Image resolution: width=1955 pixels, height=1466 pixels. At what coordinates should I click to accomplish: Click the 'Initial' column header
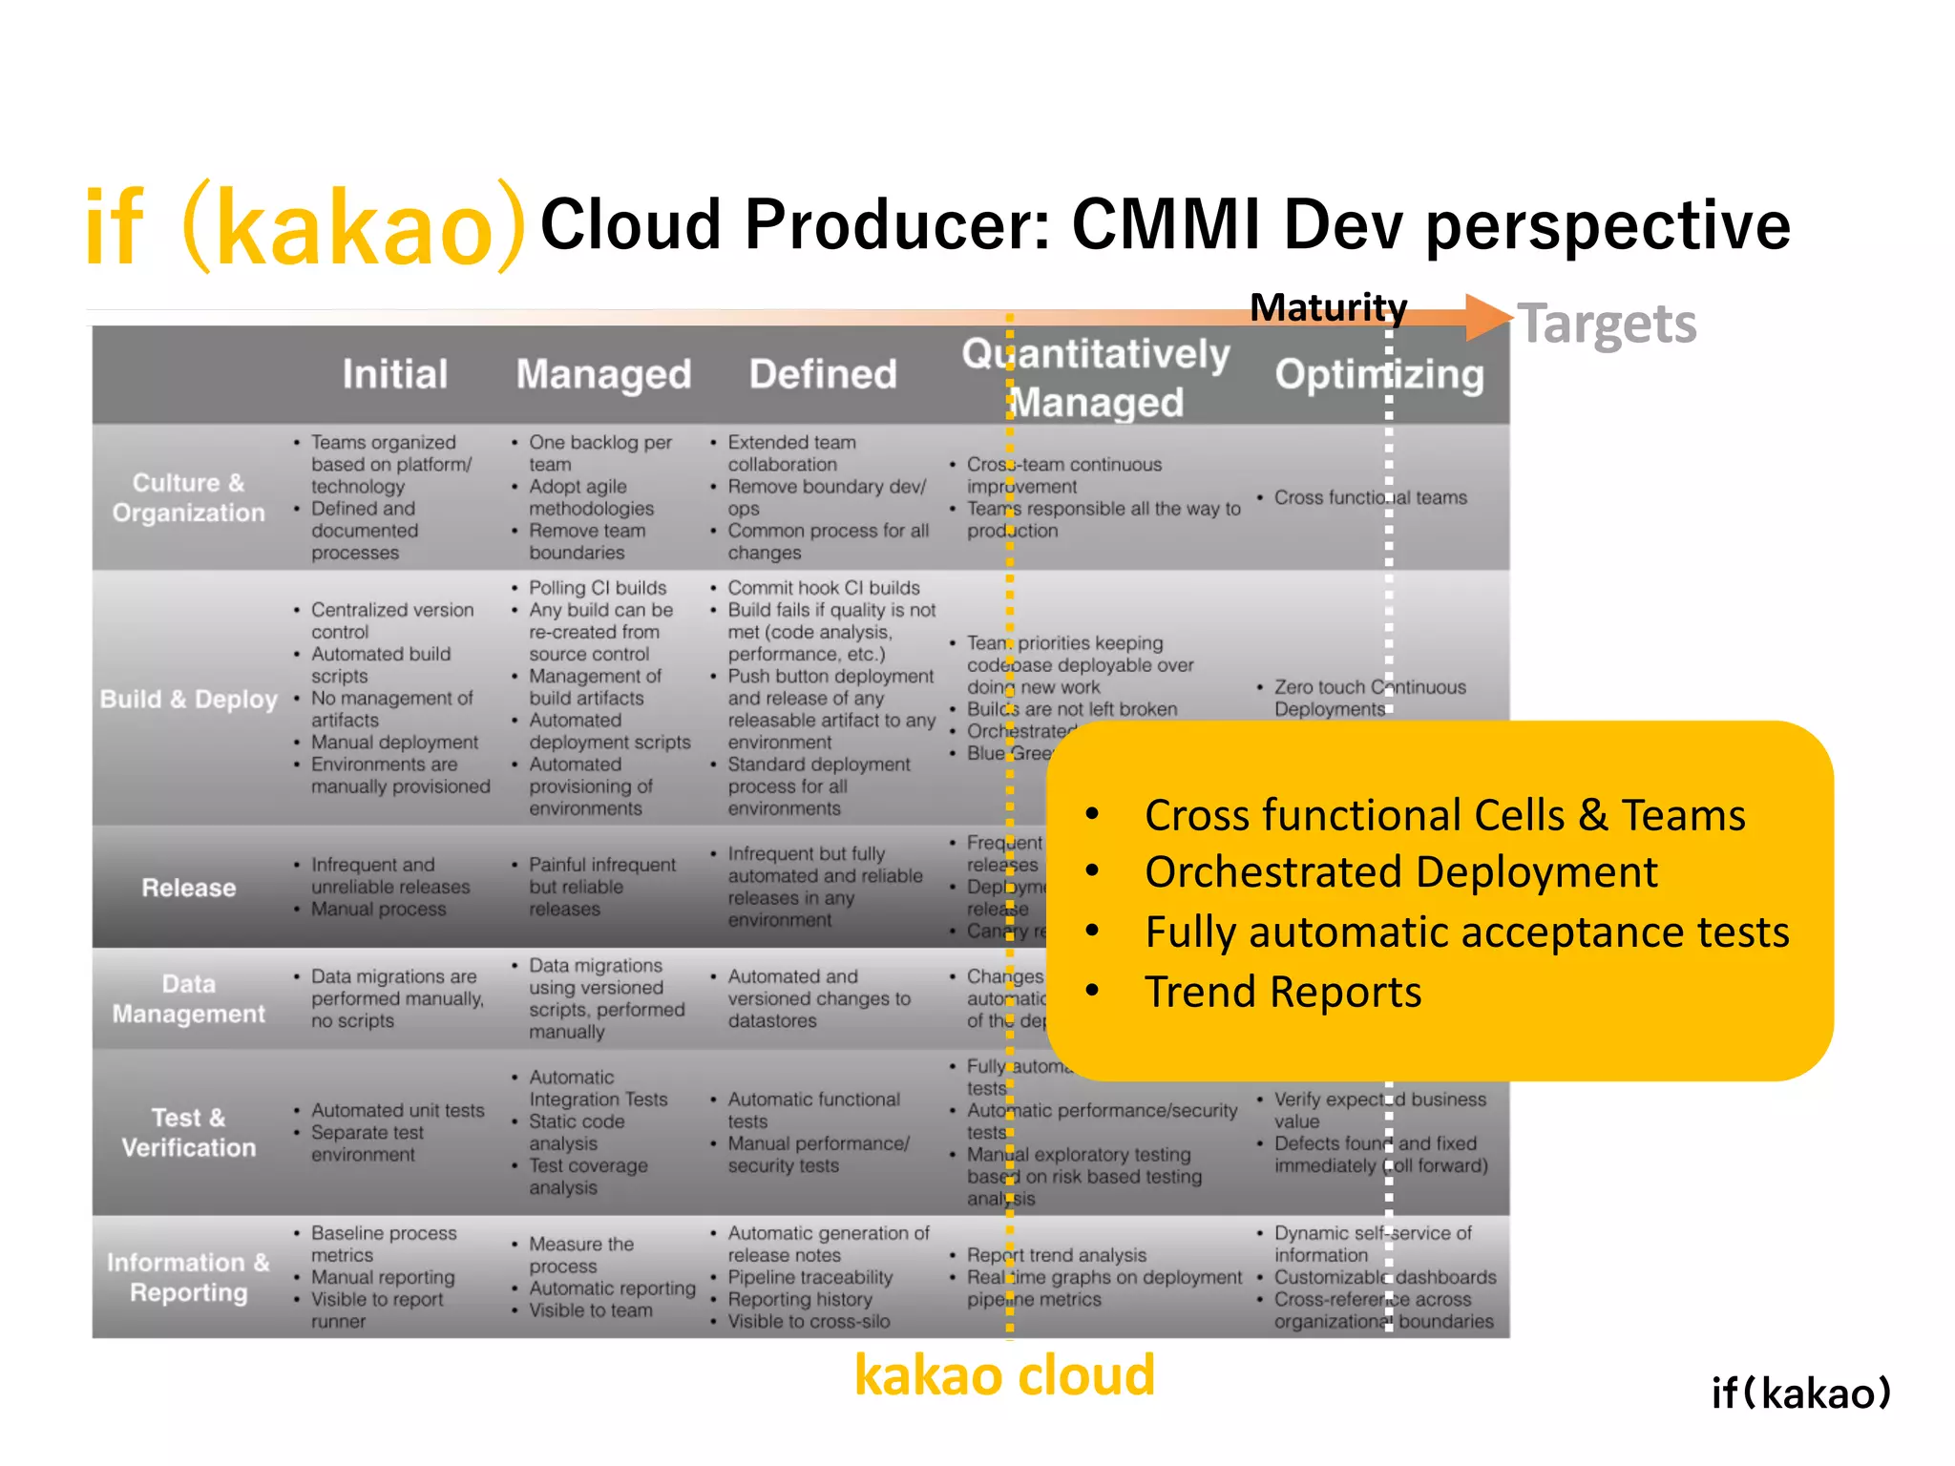394,374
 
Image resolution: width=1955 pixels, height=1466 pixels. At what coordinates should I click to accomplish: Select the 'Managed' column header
603,375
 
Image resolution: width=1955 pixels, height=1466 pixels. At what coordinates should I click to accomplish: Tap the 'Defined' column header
823,374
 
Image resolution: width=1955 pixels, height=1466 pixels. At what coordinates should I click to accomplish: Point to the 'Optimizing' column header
1379,375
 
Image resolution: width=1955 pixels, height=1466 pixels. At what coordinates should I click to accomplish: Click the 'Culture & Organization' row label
188,497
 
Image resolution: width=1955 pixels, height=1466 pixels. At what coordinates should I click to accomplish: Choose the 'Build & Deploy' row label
188,700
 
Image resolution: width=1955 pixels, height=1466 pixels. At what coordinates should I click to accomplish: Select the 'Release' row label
188,888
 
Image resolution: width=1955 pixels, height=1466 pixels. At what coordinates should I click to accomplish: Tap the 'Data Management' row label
188,998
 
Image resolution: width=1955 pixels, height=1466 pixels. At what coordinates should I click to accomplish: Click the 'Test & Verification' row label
188,1132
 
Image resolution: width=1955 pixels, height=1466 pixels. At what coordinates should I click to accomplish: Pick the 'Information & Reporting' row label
188,1277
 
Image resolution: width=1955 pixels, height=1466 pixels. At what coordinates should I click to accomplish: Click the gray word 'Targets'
1608,325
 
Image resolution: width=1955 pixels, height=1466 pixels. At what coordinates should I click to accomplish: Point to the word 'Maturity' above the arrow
1328,307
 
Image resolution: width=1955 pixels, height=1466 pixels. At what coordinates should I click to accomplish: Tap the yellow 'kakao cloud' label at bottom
1004,1375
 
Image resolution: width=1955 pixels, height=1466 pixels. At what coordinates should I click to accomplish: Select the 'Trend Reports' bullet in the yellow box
1282,992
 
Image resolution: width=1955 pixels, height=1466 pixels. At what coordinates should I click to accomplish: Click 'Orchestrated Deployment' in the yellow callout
1400,872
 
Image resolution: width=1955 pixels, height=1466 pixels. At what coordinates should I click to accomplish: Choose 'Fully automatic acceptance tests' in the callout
1466,932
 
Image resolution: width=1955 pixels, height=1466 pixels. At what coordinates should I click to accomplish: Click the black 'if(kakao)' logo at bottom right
1800,1393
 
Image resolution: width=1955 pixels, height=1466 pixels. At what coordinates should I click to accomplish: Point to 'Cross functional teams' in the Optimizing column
1370,497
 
